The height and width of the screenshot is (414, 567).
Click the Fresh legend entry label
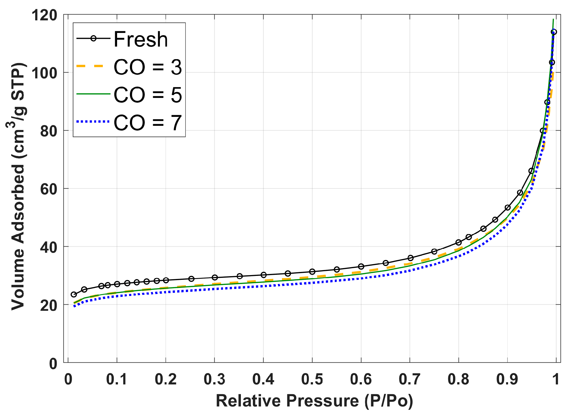pyautogui.click(x=141, y=39)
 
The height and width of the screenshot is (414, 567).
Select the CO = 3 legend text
pyautogui.click(x=148, y=67)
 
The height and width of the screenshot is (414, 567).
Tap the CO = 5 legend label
pyautogui.click(x=148, y=95)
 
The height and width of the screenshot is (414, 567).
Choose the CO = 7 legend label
pyautogui.click(x=148, y=122)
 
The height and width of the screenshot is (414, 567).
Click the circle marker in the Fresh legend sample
pyautogui.click(x=93, y=38)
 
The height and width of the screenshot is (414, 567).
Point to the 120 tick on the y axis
pyautogui.click(x=44, y=15)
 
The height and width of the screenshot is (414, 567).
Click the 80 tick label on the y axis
pyautogui.click(x=48, y=131)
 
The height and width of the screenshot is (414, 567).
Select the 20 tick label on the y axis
pyautogui.click(x=48, y=305)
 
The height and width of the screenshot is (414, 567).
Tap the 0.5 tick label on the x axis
pyautogui.click(x=312, y=379)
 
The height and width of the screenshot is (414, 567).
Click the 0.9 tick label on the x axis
pyautogui.click(x=507, y=379)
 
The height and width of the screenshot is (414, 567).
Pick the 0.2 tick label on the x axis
pyautogui.click(x=165, y=379)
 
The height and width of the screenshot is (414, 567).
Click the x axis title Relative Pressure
pyautogui.click(x=314, y=401)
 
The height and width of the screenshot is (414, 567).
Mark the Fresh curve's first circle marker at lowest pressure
pyautogui.click(x=74, y=294)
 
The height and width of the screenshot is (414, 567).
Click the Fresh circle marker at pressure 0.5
pyautogui.click(x=312, y=271)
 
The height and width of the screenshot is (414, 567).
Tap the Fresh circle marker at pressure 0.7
pyautogui.click(x=410, y=258)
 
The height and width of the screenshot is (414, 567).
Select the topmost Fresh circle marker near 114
pyautogui.click(x=554, y=32)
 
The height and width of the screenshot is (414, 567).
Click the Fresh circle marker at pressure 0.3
pyautogui.click(x=215, y=277)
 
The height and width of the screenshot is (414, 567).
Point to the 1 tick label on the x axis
pyautogui.click(x=556, y=379)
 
